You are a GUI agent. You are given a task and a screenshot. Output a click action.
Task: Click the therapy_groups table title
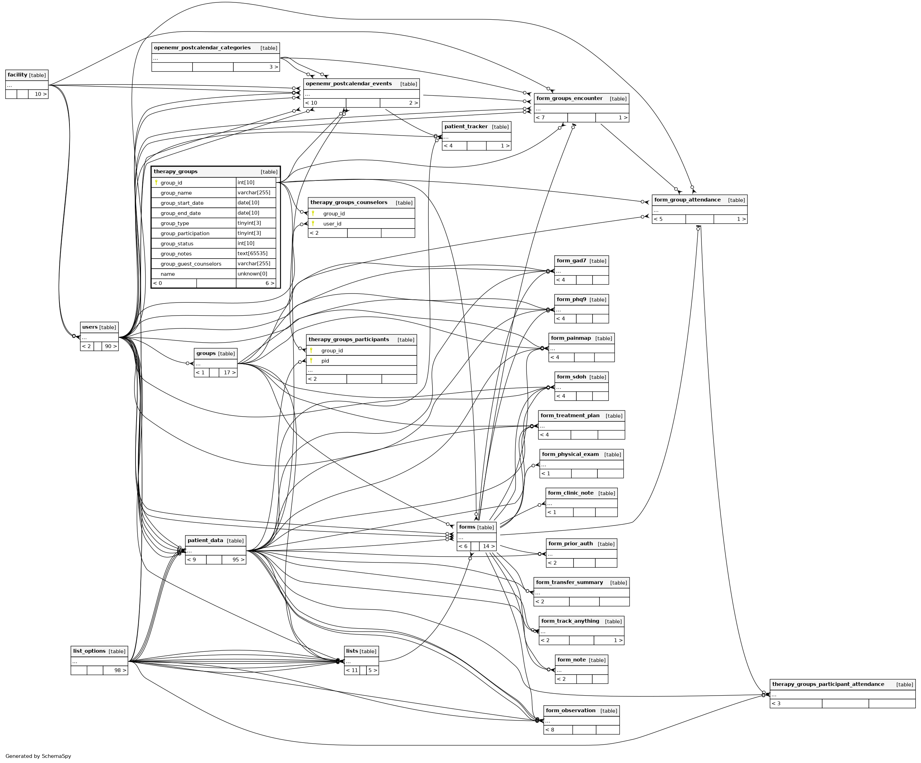click(x=175, y=171)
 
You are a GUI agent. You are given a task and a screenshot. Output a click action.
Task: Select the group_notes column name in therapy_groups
click(x=176, y=253)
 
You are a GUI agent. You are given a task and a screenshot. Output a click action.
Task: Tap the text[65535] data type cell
click(x=252, y=253)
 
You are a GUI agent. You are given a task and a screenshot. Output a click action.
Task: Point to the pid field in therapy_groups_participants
click(x=325, y=361)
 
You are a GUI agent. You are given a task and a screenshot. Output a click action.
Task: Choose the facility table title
click(x=18, y=75)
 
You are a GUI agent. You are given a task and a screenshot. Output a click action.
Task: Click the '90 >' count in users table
click(x=111, y=346)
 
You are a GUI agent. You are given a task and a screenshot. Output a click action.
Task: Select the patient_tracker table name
click(x=466, y=127)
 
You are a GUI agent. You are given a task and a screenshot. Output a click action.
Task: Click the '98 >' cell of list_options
click(x=120, y=670)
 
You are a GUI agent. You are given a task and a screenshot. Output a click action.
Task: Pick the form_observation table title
click(x=570, y=710)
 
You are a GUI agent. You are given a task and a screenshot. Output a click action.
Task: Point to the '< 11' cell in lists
click(x=352, y=670)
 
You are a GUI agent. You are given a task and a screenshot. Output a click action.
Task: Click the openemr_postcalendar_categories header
click(x=202, y=48)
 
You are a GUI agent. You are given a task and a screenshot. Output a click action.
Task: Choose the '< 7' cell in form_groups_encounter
click(x=540, y=118)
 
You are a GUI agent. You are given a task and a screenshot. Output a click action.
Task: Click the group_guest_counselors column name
click(x=191, y=263)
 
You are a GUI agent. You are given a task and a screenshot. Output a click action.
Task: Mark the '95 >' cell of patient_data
click(x=238, y=559)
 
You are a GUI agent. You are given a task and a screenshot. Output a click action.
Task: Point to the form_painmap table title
click(x=570, y=338)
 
